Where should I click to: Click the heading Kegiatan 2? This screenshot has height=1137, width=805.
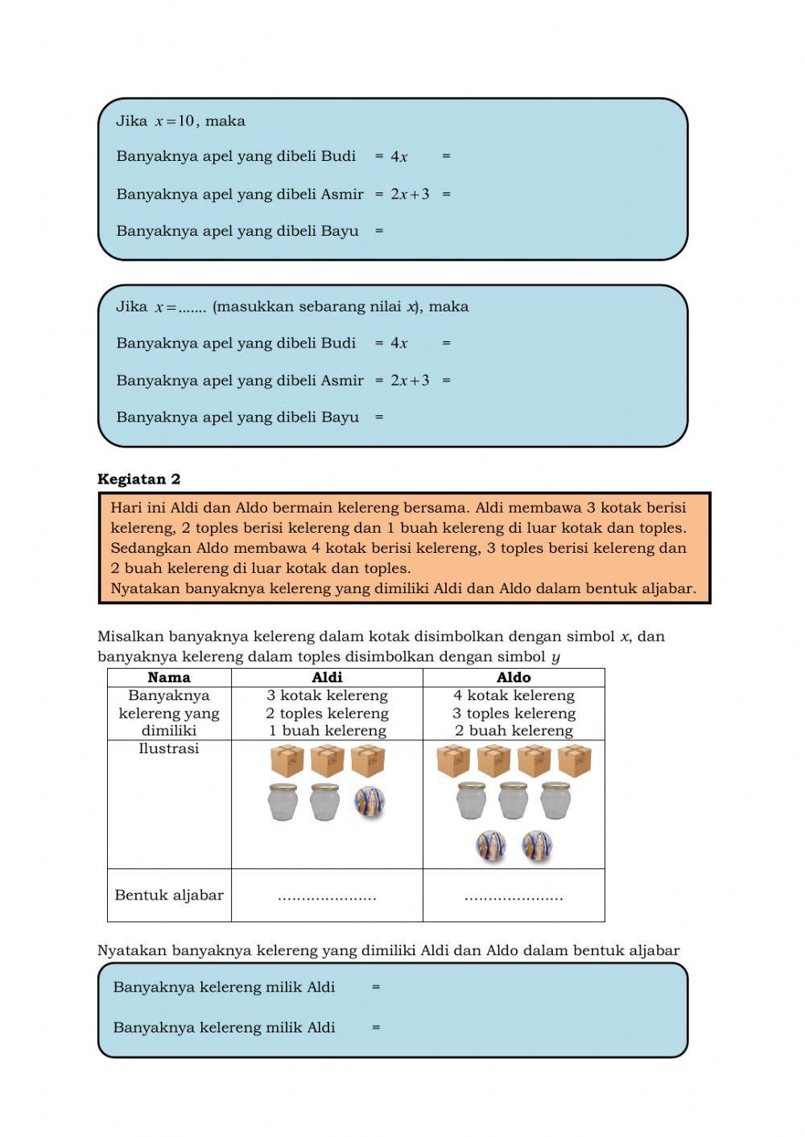pos(138,480)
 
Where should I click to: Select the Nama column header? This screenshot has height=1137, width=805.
pos(169,678)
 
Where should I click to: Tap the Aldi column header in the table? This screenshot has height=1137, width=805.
pos(327,678)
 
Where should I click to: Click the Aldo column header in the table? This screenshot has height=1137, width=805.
pos(514,678)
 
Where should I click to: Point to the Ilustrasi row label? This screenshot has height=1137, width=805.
pos(169,749)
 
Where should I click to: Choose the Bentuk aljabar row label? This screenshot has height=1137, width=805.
pos(169,895)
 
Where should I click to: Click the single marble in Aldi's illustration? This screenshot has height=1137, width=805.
pos(369,801)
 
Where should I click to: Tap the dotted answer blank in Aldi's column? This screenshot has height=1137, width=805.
pos(327,896)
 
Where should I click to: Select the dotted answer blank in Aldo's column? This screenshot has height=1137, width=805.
pos(514,896)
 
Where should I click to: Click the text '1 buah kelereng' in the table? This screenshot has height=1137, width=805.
pos(327,731)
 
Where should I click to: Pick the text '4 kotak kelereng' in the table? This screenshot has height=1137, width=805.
pos(514,695)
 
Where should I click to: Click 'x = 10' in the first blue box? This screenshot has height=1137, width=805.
pos(175,122)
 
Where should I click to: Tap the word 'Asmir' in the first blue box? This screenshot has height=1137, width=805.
pos(342,194)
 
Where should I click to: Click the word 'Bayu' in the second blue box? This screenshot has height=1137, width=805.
pos(340,418)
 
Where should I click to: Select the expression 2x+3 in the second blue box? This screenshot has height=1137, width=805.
pos(410,381)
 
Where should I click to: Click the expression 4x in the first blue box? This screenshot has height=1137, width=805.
pos(399,157)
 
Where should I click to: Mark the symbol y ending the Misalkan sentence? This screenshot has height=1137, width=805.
pos(555,657)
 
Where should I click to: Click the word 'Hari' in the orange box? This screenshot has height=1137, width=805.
pos(126,508)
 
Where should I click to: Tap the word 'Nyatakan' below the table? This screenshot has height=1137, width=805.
pos(130,951)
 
